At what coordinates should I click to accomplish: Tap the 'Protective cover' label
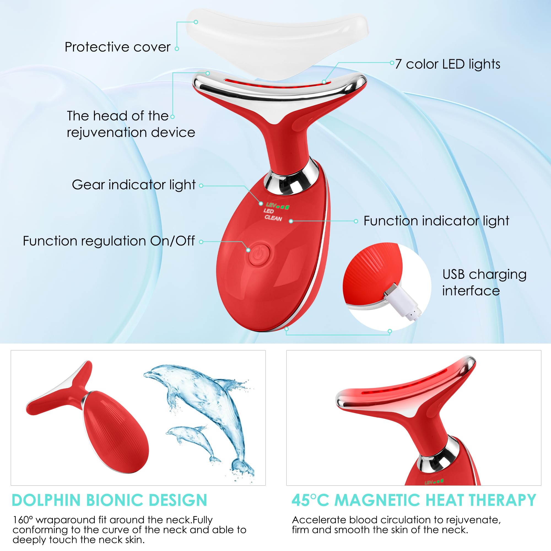[118, 47]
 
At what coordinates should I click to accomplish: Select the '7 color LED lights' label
[447, 64]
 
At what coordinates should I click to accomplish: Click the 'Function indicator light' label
[436, 221]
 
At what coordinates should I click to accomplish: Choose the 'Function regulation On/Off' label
[109, 241]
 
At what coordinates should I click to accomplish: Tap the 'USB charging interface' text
[484, 282]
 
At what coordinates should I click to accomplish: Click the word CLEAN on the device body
[273, 218]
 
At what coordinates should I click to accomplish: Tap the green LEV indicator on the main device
[277, 206]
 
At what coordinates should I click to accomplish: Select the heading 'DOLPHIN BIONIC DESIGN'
[110, 500]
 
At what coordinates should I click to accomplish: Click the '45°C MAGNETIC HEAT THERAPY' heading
[414, 500]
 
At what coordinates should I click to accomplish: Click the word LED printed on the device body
[268, 211]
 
